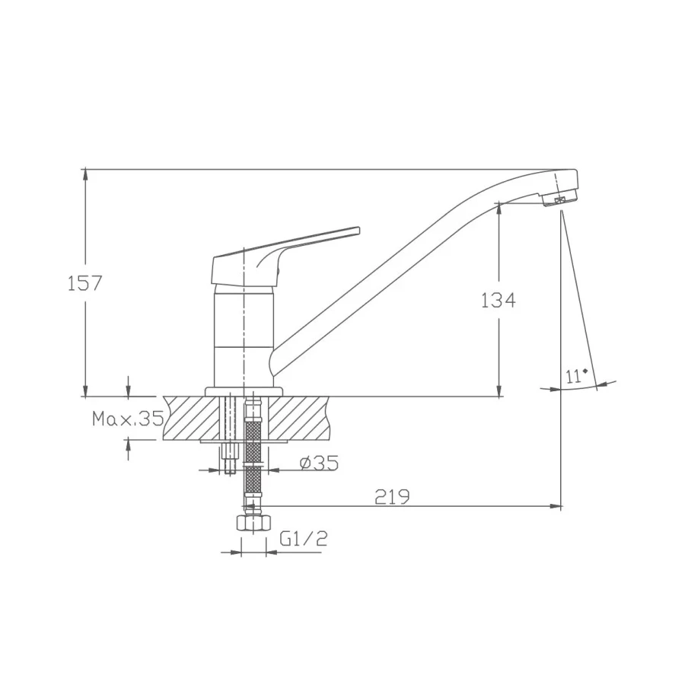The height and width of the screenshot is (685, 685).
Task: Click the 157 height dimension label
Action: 84,284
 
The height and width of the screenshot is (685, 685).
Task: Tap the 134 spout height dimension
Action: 498,300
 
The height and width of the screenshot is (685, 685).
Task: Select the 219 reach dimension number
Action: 392,497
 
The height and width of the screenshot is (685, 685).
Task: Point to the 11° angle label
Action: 576,376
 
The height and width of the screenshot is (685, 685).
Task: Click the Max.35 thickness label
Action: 128,419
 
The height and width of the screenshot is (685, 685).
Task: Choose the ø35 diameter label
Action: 320,463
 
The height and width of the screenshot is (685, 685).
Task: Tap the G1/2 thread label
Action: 304,539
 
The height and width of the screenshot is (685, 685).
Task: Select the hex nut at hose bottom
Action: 253,522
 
